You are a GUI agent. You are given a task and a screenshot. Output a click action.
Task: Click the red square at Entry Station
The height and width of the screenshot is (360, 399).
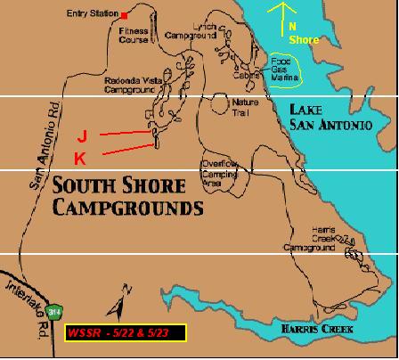(126, 16)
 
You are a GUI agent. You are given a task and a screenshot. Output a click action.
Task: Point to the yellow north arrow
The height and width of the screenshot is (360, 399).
(286, 12)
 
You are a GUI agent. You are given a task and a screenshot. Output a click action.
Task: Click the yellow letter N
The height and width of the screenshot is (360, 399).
(291, 27)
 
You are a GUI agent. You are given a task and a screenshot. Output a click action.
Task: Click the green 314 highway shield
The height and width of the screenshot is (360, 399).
(57, 313)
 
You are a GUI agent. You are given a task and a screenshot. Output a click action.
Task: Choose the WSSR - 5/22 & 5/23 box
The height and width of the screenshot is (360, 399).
(126, 332)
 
